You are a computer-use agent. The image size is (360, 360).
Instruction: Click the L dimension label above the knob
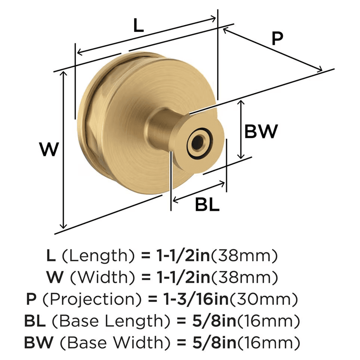(x=139, y=26)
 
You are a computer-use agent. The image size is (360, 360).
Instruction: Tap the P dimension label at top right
(x=277, y=39)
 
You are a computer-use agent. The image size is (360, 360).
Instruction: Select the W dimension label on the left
(x=49, y=149)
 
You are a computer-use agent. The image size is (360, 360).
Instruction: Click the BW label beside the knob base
(x=261, y=131)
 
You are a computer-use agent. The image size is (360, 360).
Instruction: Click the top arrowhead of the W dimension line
(x=64, y=73)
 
